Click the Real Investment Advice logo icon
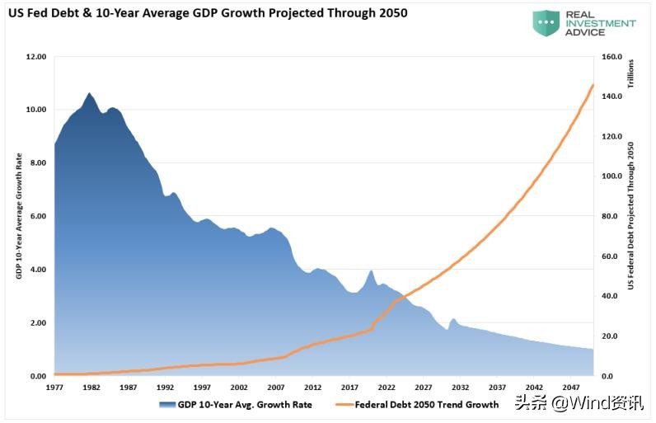pyautogui.click(x=546, y=23)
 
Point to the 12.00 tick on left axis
pyautogui.click(x=35, y=57)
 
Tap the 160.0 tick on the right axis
pyautogui.click(x=612, y=57)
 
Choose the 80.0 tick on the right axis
pyautogui.click(x=610, y=216)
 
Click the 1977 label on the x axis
pyautogui.click(x=54, y=387)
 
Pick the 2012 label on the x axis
pyautogui.click(x=312, y=387)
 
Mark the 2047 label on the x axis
pyautogui.click(x=570, y=387)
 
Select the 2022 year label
pyautogui.click(x=386, y=387)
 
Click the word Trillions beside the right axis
pyautogui.click(x=630, y=74)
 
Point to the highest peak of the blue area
pyautogui.click(x=89, y=94)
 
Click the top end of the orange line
pyautogui.click(x=593, y=85)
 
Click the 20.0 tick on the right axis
pyautogui.click(x=610, y=336)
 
